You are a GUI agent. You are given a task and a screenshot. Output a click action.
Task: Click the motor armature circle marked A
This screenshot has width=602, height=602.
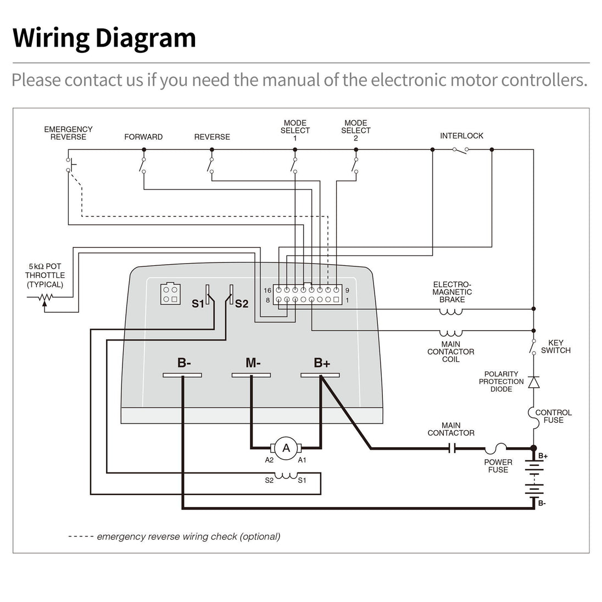tap(286, 448)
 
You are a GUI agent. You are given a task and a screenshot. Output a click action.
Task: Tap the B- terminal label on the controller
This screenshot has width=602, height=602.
tap(184, 363)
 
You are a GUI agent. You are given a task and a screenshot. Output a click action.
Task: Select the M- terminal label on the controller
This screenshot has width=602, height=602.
tap(253, 363)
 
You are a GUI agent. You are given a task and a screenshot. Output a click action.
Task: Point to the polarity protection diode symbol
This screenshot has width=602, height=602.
tap(533, 382)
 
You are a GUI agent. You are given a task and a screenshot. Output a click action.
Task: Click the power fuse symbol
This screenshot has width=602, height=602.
tap(499, 448)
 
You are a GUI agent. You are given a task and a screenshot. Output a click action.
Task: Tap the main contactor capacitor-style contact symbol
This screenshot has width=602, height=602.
tap(453, 448)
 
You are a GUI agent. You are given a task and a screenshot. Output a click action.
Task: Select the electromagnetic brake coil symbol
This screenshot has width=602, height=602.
tap(451, 311)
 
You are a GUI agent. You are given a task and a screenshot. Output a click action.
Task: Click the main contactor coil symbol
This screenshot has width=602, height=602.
tap(451, 333)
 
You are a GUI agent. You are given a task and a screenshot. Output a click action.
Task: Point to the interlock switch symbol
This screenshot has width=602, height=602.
tap(460, 150)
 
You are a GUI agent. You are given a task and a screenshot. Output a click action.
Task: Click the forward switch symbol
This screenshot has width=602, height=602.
tap(143, 164)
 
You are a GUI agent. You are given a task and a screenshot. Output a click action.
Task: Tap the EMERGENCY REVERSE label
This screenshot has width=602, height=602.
tap(68, 133)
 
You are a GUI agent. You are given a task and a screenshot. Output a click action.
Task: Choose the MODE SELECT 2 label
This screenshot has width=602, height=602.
tap(355, 131)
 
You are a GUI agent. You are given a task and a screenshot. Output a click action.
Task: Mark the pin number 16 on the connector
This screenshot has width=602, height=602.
tap(267, 290)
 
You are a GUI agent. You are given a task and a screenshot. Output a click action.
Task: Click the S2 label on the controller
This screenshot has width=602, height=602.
tap(242, 303)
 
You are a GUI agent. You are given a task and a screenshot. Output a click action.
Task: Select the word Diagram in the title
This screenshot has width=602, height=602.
tap(146, 38)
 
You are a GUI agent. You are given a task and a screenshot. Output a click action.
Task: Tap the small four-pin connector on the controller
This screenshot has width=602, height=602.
tap(169, 293)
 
